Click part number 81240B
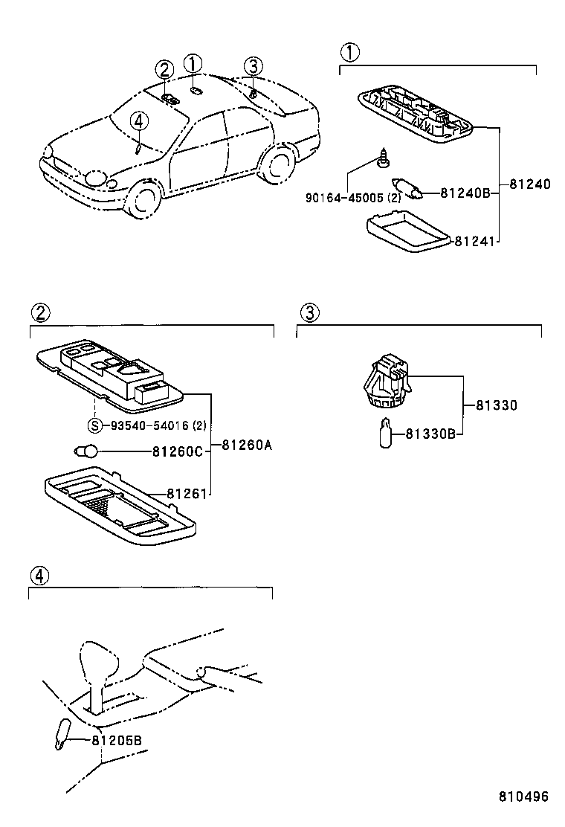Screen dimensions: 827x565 [465, 193]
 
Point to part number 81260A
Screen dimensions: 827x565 [247, 446]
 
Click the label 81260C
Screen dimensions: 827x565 [177, 451]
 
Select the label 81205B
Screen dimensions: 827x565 [117, 740]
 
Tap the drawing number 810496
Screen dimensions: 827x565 [523, 796]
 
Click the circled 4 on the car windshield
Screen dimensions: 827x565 [139, 121]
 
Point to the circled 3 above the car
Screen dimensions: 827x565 [253, 66]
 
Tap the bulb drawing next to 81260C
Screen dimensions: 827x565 [88, 450]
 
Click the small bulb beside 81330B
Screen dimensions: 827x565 [386, 433]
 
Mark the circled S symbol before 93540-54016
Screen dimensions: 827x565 [94, 425]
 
